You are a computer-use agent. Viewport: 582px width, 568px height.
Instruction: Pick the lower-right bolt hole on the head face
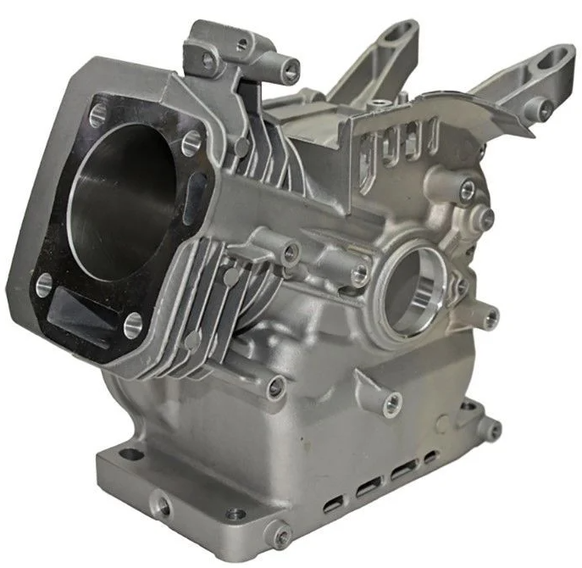point(133,323)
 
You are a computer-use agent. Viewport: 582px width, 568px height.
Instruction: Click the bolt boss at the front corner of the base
point(277,534)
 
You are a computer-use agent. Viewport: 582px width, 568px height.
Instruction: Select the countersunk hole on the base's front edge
point(235,514)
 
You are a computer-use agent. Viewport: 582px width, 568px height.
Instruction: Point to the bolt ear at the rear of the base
point(490,428)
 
